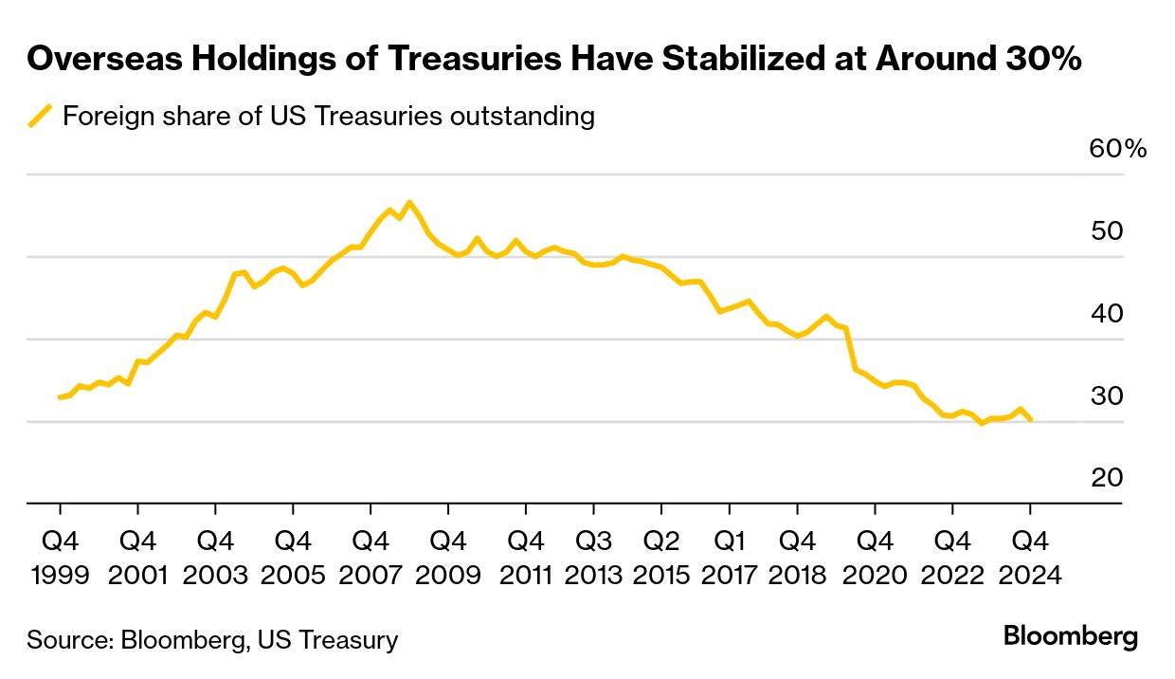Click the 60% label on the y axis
1118,150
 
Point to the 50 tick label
1107,231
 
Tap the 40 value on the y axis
1107,314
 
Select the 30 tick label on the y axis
1107,396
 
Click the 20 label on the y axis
1107,478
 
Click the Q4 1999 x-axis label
60,558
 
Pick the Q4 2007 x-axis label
371,558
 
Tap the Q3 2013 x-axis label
594,558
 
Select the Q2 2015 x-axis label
661,558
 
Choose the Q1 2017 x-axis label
730,558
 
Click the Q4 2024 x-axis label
1030,558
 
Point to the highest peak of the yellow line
408,202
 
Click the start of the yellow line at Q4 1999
60,397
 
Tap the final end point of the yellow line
1030,419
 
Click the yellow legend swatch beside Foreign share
41,117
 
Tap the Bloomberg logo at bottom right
1070,635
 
